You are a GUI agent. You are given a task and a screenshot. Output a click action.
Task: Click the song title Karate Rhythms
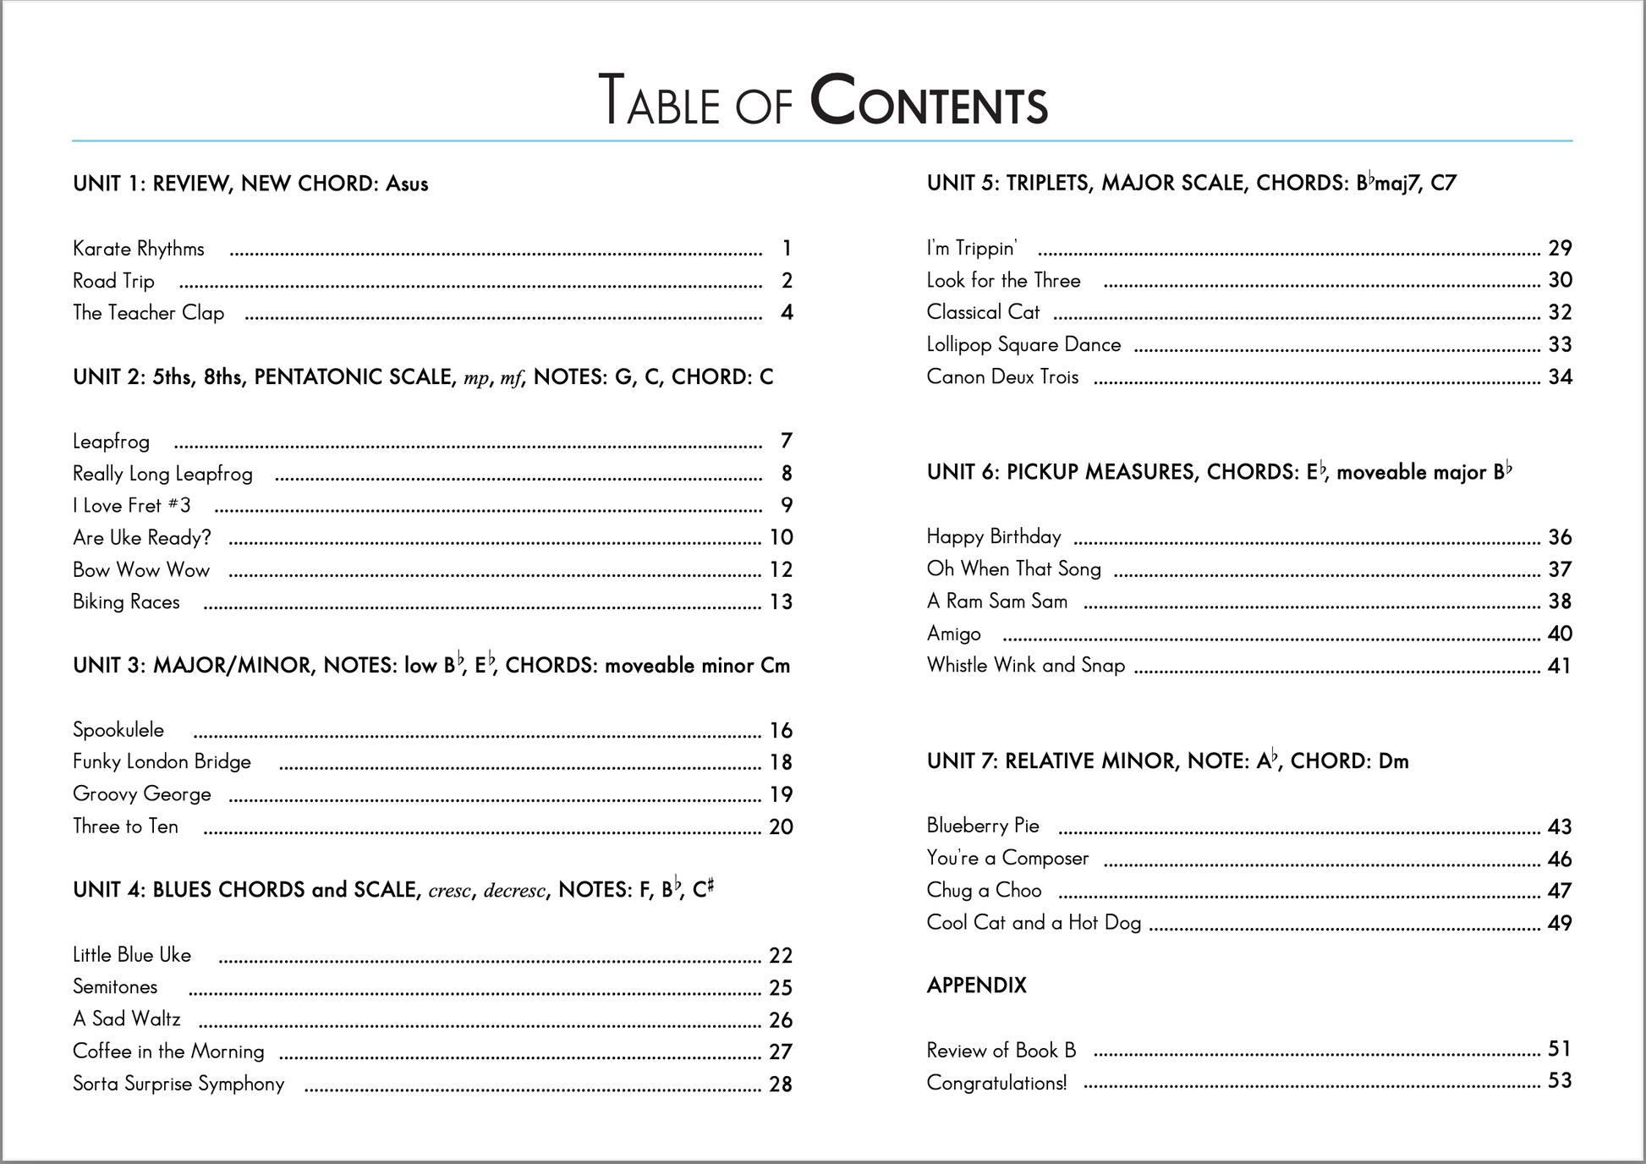(x=139, y=249)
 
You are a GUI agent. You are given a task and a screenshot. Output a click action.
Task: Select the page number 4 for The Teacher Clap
(x=787, y=313)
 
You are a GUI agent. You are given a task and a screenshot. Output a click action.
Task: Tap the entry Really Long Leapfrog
(x=162, y=474)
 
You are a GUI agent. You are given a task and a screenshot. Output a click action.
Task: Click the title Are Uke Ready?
(x=142, y=538)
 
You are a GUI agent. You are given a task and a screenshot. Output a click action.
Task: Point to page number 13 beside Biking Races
(x=781, y=602)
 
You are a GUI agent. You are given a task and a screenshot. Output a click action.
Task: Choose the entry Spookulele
(x=118, y=730)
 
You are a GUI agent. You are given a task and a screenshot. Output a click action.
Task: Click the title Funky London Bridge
(x=162, y=762)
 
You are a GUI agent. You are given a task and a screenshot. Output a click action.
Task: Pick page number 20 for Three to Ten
(x=781, y=827)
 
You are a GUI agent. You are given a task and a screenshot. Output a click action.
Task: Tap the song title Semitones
(x=115, y=987)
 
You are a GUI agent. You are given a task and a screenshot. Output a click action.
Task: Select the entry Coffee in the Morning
(x=168, y=1051)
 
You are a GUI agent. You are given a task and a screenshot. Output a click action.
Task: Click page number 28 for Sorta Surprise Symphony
(x=781, y=1084)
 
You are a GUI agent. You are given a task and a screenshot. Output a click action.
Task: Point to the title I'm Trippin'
(x=972, y=249)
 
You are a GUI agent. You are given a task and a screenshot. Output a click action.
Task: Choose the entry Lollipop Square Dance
(x=1023, y=345)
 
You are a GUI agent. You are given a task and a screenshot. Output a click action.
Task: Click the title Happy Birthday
(x=994, y=537)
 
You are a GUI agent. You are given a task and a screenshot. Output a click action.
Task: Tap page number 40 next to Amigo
(x=1560, y=634)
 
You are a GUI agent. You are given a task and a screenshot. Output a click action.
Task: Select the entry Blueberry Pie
(x=983, y=826)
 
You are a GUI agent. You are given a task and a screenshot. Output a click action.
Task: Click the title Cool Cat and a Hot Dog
(x=1034, y=923)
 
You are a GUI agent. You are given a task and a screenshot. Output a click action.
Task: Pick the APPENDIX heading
(x=976, y=986)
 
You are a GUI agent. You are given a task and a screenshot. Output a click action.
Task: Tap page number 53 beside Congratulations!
(x=1560, y=1081)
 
